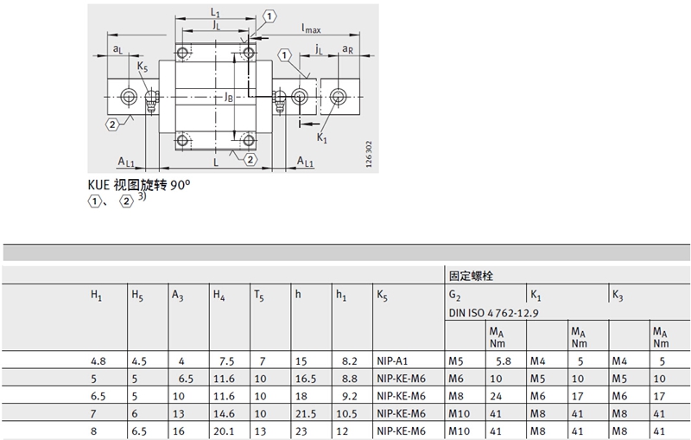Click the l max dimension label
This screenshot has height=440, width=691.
pos(311,29)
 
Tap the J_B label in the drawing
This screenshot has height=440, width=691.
pos(228,97)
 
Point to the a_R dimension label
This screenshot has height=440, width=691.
pos(348,49)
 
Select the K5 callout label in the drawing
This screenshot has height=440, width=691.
pos(143,67)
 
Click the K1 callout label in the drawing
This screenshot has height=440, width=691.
pos(322,138)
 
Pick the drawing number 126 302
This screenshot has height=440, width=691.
pos(369,154)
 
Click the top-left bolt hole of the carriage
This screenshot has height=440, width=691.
pos(182,54)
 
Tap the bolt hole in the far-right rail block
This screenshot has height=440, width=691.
pos(338,97)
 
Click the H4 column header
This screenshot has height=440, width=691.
pos(219,295)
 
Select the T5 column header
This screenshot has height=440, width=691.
pos(259,295)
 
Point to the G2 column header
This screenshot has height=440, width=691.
pos(455,296)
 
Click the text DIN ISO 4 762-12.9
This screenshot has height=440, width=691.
pos(493,313)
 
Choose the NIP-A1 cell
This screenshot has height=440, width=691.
pos(392,361)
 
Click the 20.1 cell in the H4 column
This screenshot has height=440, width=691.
pos(224,430)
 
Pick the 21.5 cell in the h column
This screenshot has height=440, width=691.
pos(306,413)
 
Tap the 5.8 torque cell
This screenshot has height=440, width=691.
pos(504,361)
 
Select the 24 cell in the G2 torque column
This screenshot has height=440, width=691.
pos(496,396)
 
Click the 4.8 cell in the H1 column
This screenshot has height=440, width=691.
pos(98,361)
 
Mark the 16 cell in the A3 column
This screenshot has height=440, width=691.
pos(179,430)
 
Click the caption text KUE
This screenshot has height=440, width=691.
pos(98,184)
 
